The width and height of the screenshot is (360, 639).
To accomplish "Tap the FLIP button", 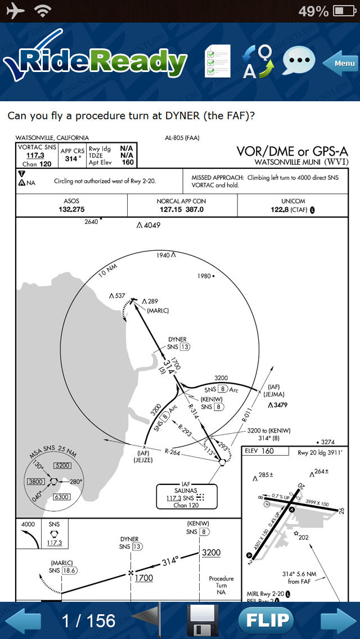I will click(x=266, y=620).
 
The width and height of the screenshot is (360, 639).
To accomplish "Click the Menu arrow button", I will click(x=341, y=63).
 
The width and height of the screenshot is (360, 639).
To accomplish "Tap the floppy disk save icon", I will click(x=202, y=620).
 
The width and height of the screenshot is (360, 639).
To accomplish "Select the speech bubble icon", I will click(x=298, y=61).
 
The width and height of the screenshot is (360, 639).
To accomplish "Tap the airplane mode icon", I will click(x=15, y=11).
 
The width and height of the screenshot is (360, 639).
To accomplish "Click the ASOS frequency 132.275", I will click(x=71, y=209).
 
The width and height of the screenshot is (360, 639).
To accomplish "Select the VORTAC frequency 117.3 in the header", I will click(x=35, y=155).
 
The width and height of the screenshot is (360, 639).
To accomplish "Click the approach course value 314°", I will click(x=72, y=159).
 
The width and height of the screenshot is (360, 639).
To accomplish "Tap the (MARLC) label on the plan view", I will click(x=157, y=310).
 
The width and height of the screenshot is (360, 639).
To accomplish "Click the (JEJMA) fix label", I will click(x=274, y=394).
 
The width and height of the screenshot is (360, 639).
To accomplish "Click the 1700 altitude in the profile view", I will click(x=144, y=578).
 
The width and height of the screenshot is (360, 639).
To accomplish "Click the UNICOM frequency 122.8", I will click(x=283, y=209).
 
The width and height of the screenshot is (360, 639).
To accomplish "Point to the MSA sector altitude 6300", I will click(x=61, y=497).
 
